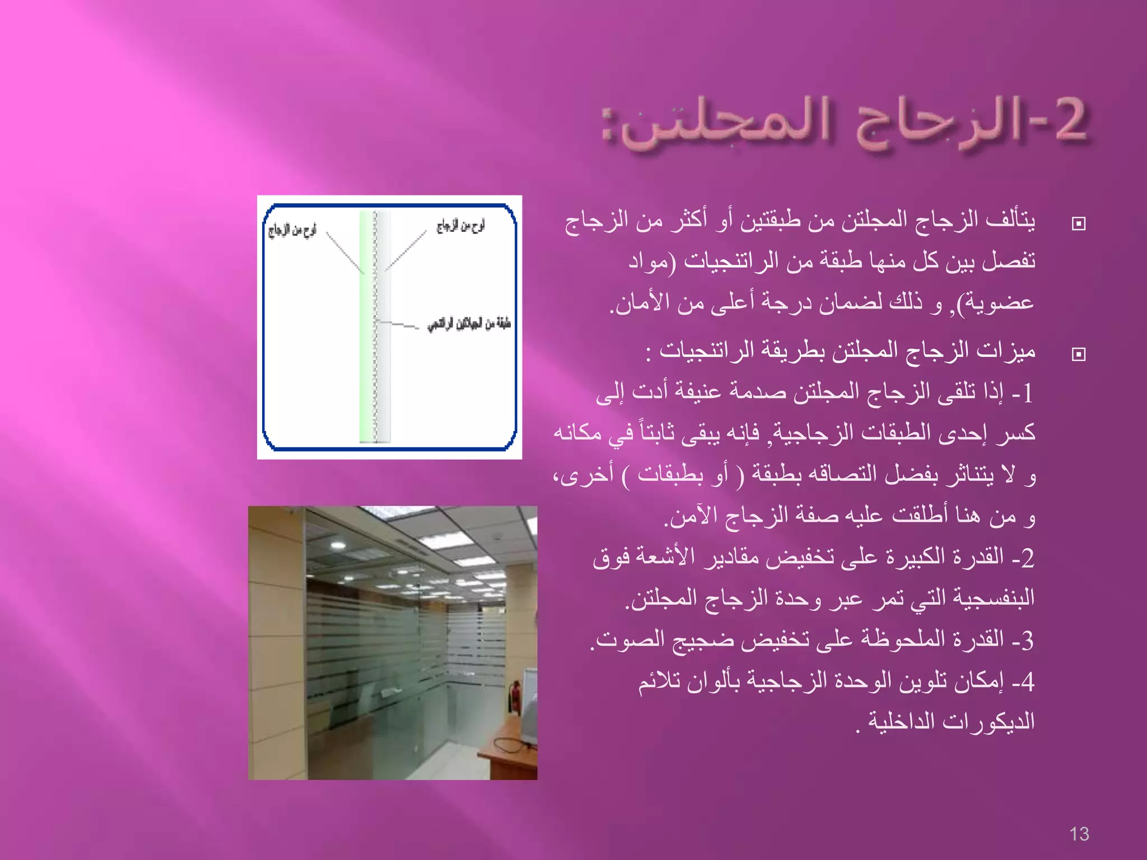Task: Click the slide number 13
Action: [x=1079, y=834]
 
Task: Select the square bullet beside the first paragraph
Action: [x=1078, y=224]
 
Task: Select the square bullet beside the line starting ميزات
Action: [x=1078, y=354]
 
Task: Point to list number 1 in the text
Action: [x=1026, y=394]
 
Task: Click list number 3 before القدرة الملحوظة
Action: [x=1026, y=640]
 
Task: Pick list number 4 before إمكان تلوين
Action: [x=1026, y=681]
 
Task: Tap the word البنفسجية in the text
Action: [x=992, y=597]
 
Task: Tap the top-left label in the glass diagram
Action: [x=292, y=230]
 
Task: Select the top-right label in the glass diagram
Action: [x=460, y=226]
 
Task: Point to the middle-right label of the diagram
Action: [x=469, y=324]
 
